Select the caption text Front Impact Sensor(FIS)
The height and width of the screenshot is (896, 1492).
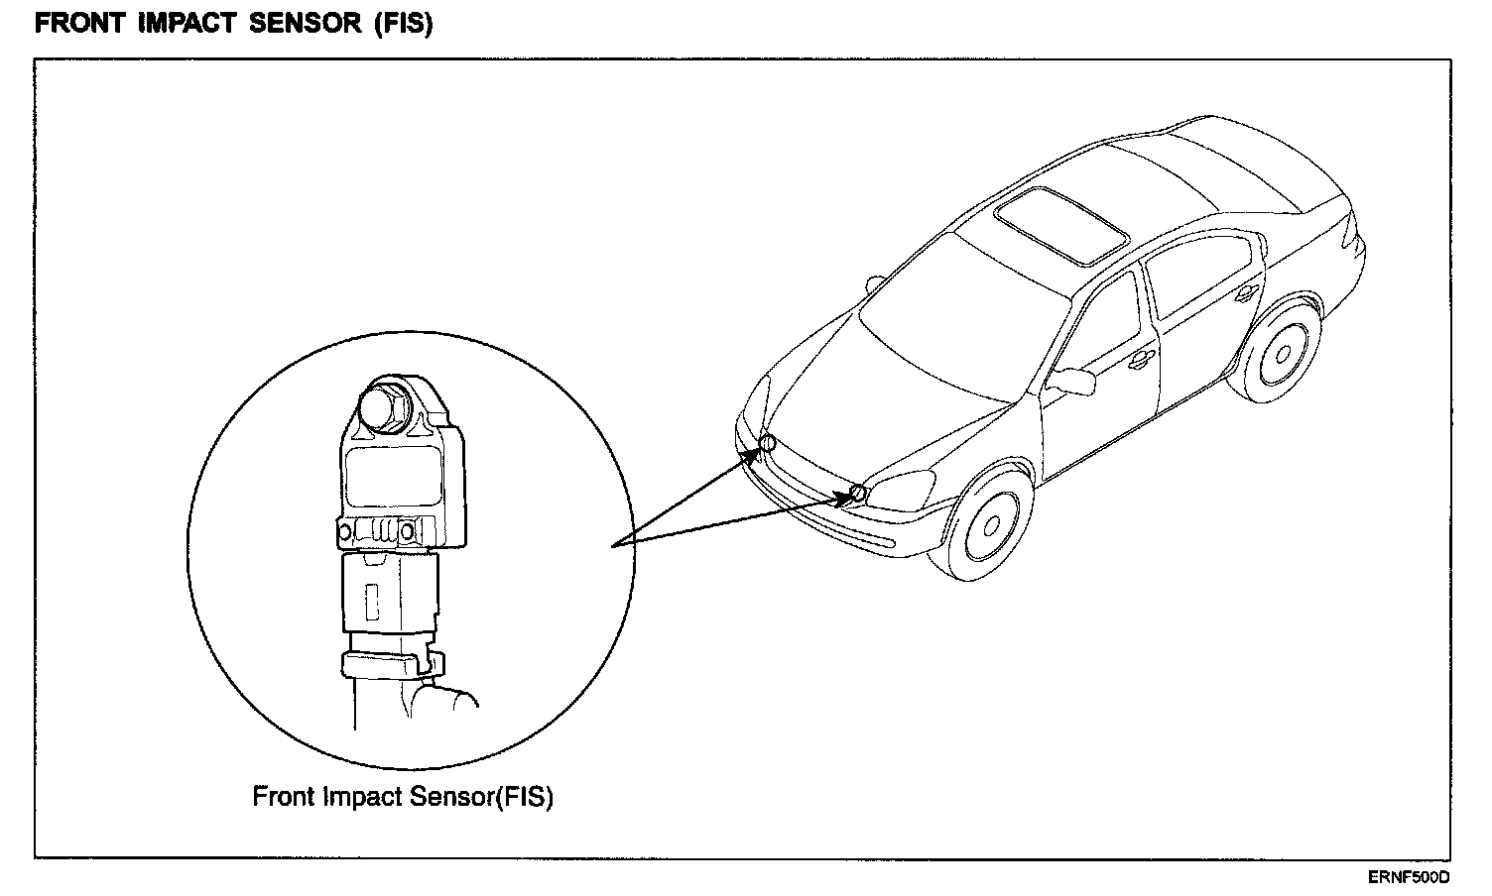403,796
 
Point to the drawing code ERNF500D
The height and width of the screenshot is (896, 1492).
1409,877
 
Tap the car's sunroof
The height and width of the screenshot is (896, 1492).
1061,225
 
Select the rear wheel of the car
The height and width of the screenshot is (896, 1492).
1282,353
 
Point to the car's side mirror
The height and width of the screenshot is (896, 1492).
1071,382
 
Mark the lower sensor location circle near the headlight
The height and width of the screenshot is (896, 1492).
859,492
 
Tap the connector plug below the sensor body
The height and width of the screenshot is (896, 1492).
389,593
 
